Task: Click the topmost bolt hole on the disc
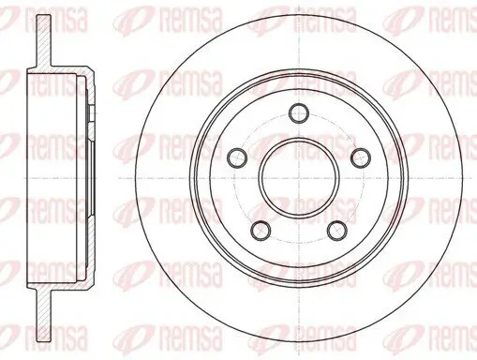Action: (298, 110)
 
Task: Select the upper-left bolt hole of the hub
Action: (236, 156)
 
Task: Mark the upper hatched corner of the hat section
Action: (89, 75)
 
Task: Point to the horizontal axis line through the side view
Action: (56, 177)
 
